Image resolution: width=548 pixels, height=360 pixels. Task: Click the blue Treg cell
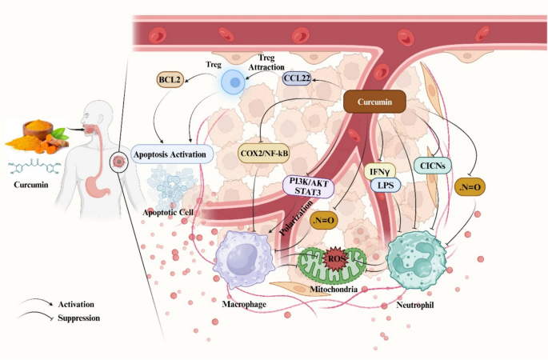point(234,81)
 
